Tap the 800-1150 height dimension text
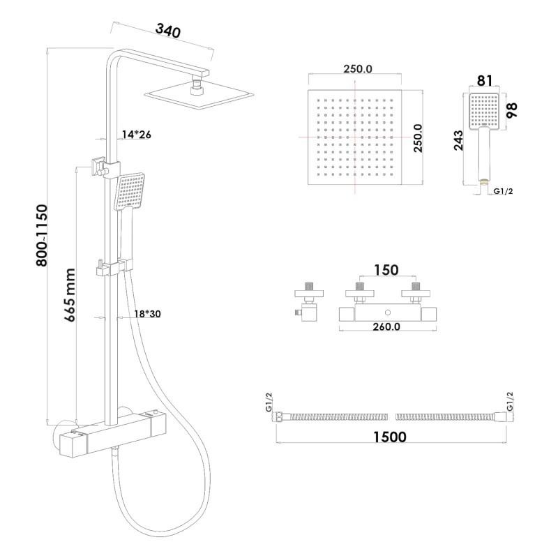[x=43, y=236]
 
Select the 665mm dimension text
[x=70, y=292]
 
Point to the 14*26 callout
[x=135, y=135]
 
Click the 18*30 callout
[x=146, y=315]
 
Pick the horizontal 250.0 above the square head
[x=358, y=68]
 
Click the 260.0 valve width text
[x=386, y=327]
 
